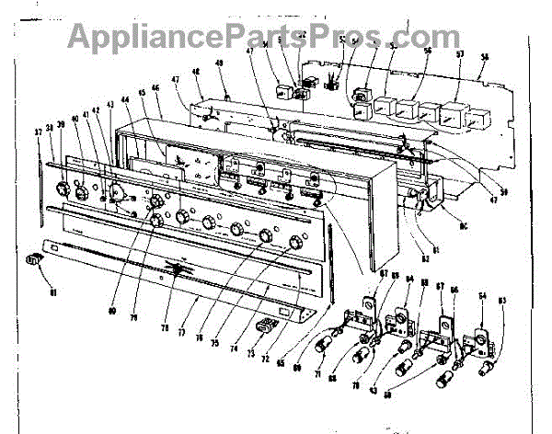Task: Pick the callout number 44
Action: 129,101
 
